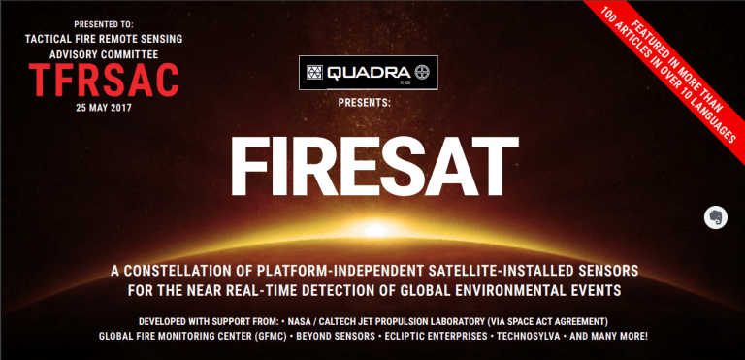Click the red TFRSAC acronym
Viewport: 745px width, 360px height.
pos(104,80)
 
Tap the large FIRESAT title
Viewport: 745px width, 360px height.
pos(373,167)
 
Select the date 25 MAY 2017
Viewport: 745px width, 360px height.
pos(104,108)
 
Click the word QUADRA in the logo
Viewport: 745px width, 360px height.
pos(369,73)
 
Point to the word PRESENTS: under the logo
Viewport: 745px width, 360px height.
pos(365,102)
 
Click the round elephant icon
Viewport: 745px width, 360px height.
pos(716,217)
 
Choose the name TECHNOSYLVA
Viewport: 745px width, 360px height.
pos(527,336)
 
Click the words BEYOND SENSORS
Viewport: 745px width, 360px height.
pos(336,336)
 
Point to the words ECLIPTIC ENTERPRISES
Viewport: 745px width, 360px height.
pos(436,336)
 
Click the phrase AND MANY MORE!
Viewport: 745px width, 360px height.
pos(608,336)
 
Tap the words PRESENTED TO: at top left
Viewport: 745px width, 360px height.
pos(104,24)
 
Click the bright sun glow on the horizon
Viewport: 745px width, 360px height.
pos(375,230)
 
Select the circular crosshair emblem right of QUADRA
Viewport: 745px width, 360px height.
pos(422,73)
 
